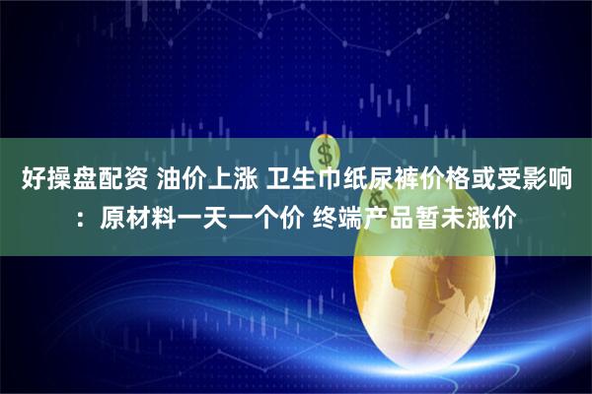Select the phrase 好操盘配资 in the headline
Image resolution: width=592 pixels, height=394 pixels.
point(75,181)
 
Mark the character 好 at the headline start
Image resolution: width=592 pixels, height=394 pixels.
point(32,181)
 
